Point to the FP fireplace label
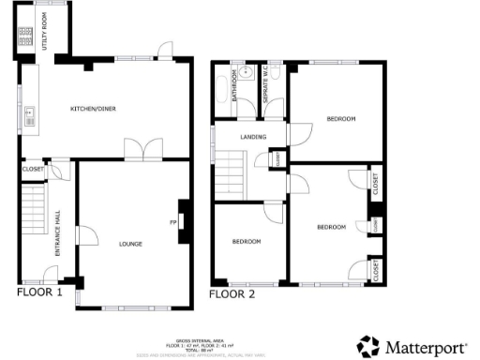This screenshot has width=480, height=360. (x=172, y=223)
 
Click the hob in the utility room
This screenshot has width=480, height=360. (x=25, y=37)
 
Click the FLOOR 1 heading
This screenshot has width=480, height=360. (x=39, y=292)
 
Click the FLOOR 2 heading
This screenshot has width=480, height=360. (x=231, y=293)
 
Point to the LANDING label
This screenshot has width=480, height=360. (x=253, y=138)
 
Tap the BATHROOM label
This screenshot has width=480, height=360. (x=222, y=91)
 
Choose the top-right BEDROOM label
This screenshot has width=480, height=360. (x=340, y=119)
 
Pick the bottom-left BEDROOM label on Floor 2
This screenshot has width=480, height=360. (x=246, y=242)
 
